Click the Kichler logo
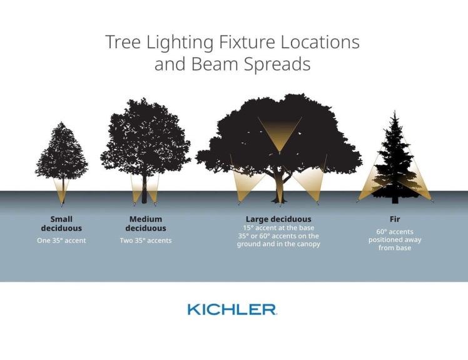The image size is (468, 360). (231, 309)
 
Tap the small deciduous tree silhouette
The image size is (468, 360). (61, 156)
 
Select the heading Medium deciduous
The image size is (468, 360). (145, 224)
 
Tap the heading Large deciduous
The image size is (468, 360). (278, 219)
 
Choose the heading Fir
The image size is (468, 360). (394, 219)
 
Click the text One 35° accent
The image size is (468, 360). (61, 241)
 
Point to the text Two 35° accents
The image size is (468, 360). (145, 241)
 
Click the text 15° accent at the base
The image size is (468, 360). (278, 228)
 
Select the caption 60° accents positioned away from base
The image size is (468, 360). (394, 240)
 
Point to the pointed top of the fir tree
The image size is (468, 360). (394, 114)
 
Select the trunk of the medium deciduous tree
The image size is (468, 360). (145, 191)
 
